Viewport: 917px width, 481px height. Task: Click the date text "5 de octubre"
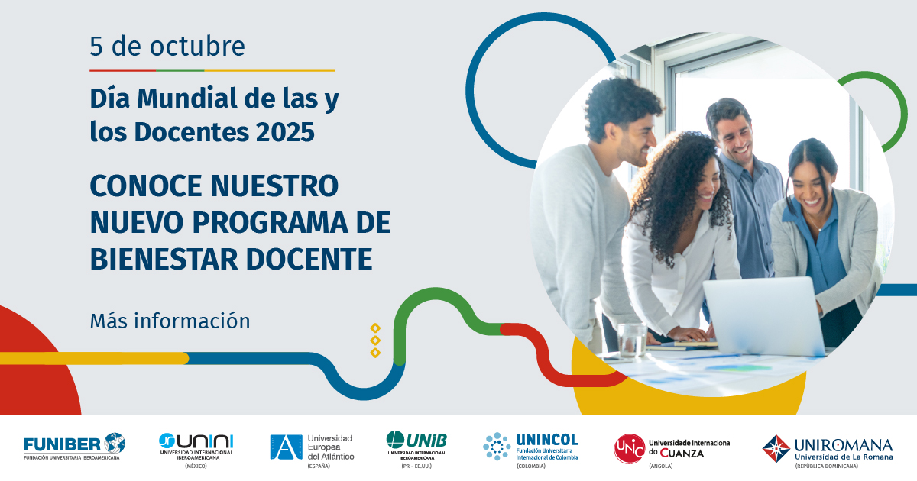pos(167,47)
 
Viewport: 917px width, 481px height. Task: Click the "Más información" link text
pos(170,321)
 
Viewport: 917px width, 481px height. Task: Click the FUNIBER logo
pos(74,447)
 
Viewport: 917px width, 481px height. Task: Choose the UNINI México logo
pos(196,447)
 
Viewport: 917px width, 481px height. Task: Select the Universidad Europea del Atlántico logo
pos(311,447)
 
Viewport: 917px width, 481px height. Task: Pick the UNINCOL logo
pos(530,447)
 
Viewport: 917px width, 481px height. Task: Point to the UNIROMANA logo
pos(828,448)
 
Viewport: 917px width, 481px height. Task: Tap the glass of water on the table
pos(632,340)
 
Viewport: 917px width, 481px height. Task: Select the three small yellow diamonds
pos(375,340)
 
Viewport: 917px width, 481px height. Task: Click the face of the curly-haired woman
pos(705,182)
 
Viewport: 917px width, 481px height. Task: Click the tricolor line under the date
pos(212,71)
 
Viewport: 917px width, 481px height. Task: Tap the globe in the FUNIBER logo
pos(115,442)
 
